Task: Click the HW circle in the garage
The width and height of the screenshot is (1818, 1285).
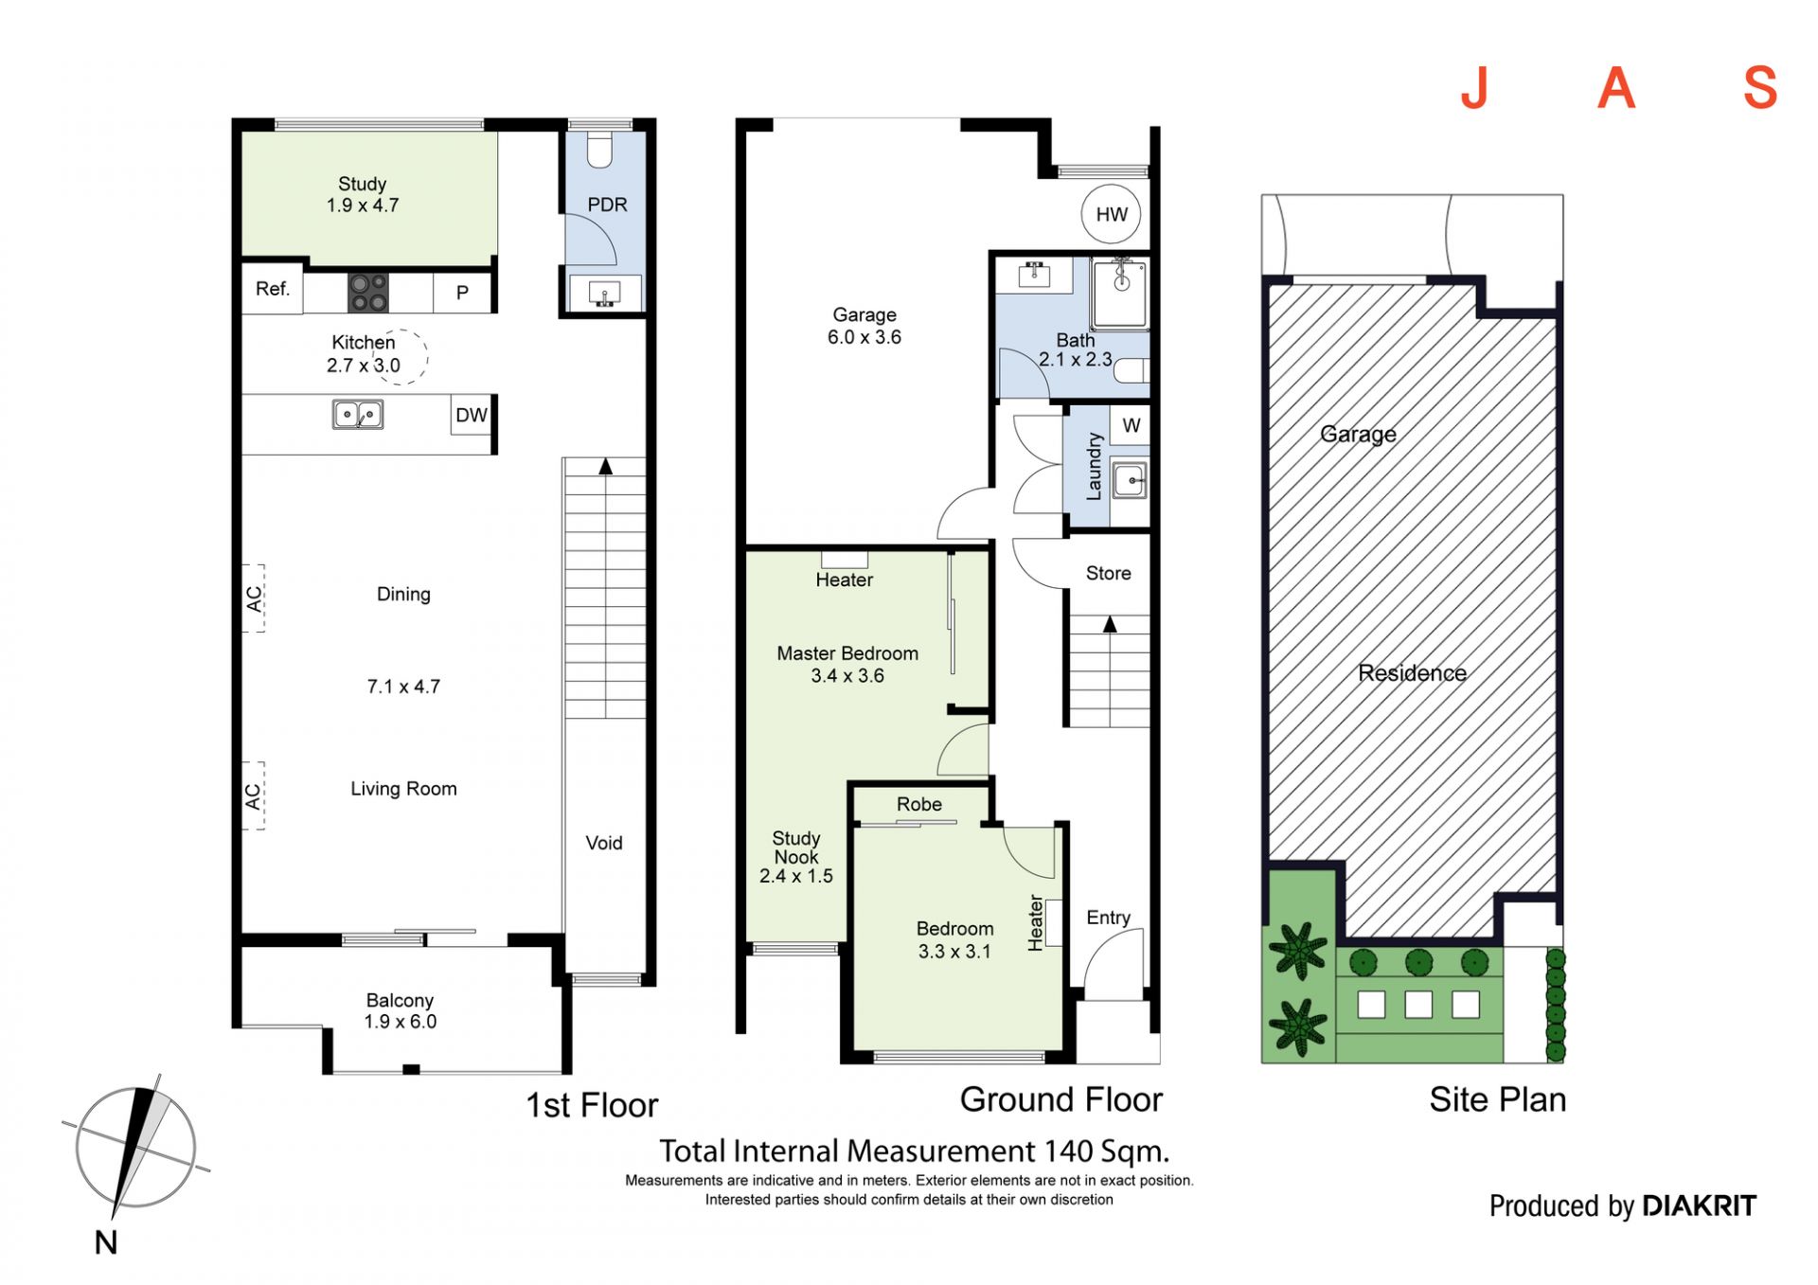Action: (x=1111, y=214)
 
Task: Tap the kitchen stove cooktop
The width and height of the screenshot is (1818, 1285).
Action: (x=367, y=293)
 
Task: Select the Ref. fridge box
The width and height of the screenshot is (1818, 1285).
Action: (x=273, y=289)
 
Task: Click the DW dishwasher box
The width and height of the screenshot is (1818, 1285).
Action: (x=471, y=415)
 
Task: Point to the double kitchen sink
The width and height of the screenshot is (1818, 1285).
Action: (x=358, y=415)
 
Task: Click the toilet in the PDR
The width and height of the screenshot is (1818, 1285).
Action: (x=600, y=149)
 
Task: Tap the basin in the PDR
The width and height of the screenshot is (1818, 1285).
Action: (x=604, y=293)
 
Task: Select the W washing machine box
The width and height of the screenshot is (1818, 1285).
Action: (x=1131, y=426)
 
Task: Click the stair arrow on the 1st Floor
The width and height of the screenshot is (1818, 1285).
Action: (x=605, y=466)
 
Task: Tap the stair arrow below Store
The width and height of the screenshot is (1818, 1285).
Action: (x=1110, y=624)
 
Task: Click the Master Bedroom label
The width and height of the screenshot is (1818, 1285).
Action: (x=847, y=653)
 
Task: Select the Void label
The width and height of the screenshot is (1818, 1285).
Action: (x=604, y=843)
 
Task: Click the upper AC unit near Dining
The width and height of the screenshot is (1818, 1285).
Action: (x=254, y=598)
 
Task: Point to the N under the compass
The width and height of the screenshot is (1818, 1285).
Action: (x=106, y=1242)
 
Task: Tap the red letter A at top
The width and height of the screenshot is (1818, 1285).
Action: (x=1616, y=88)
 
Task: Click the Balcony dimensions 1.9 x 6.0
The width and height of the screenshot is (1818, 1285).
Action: (x=401, y=1022)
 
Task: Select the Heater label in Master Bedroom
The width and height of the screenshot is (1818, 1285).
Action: (x=845, y=580)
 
